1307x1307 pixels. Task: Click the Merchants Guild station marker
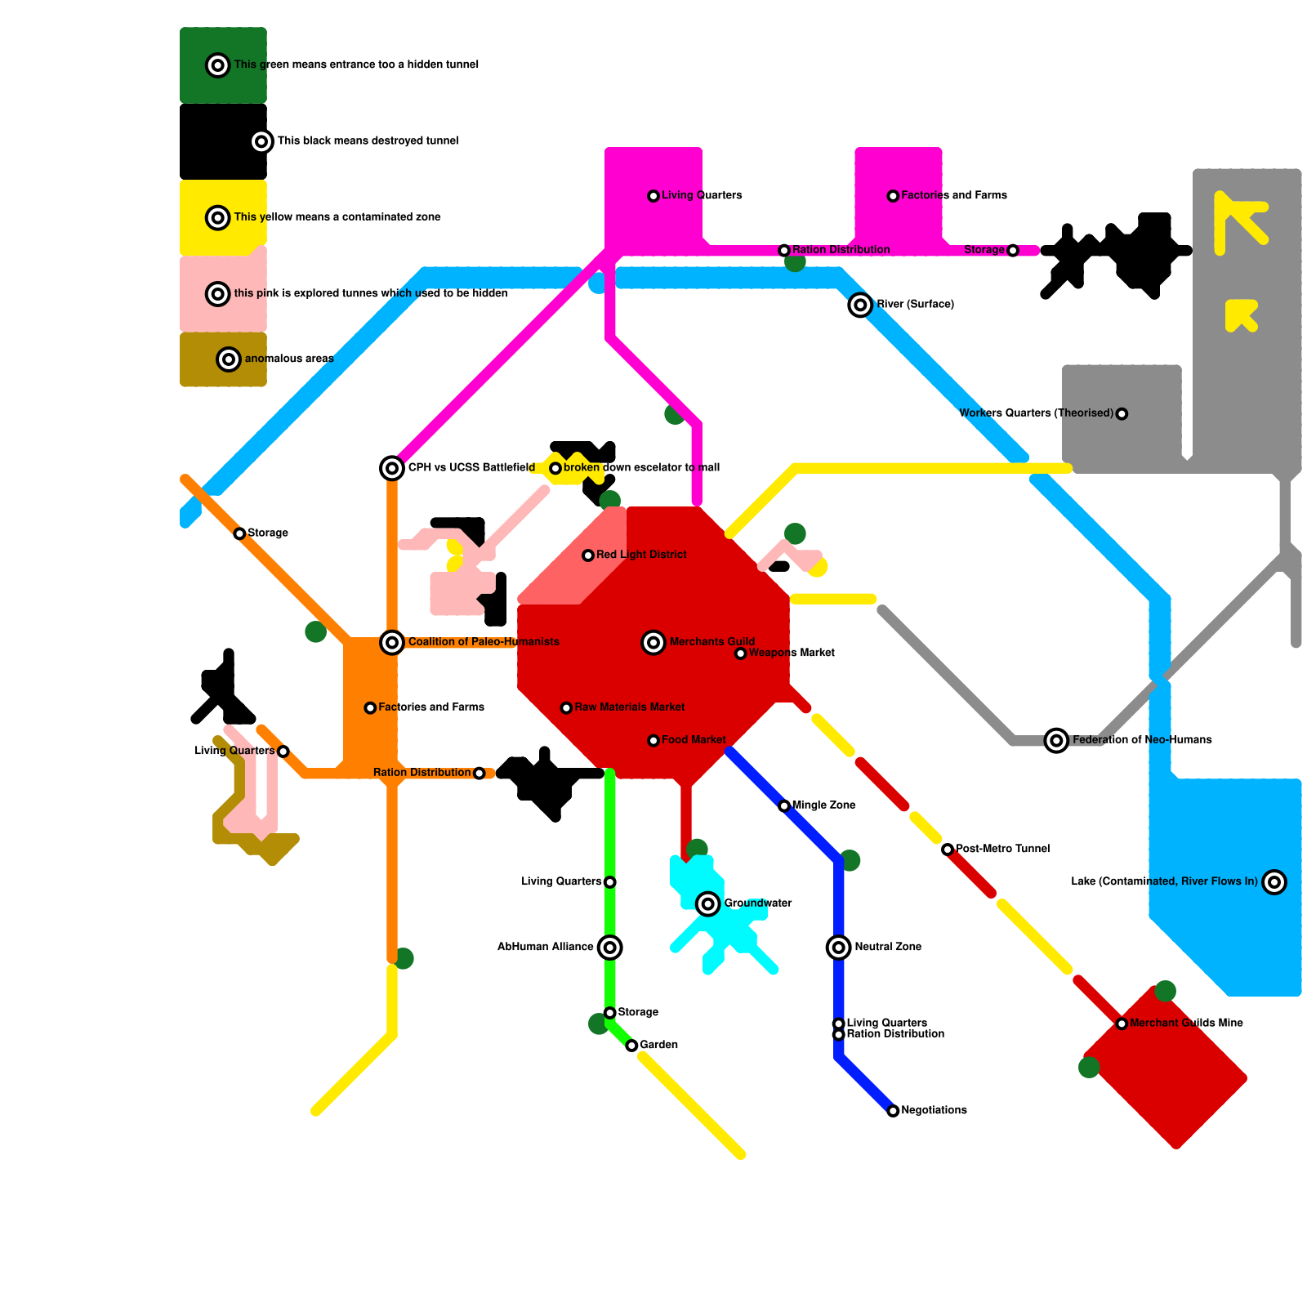(x=653, y=643)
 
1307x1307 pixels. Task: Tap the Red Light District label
(x=641, y=555)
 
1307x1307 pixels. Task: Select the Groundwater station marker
(x=708, y=904)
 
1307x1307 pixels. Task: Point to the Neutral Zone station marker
(x=839, y=948)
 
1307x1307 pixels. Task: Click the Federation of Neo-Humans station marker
(x=1057, y=741)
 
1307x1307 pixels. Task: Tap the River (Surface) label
(x=915, y=305)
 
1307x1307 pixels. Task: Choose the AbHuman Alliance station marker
(x=610, y=948)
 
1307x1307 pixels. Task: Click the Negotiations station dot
(x=894, y=1111)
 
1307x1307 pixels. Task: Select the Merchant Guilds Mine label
(x=1186, y=1023)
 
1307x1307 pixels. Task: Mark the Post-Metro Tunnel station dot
(x=948, y=850)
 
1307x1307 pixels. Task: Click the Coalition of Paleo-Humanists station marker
(x=392, y=643)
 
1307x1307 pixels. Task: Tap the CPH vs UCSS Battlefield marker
(x=392, y=468)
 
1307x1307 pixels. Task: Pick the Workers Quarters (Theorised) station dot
(x=1122, y=414)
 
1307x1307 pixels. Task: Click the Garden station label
(x=658, y=1045)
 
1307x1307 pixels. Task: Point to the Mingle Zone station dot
(x=784, y=806)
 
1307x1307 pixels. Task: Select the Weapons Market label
(x=792, y=653)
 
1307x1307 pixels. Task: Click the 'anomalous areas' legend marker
(x=229, y=359)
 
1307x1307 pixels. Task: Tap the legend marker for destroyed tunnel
(x=261, y=141)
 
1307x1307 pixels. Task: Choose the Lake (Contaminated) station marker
(x=1274, y=882)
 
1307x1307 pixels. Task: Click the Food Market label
(x=694, y=740)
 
